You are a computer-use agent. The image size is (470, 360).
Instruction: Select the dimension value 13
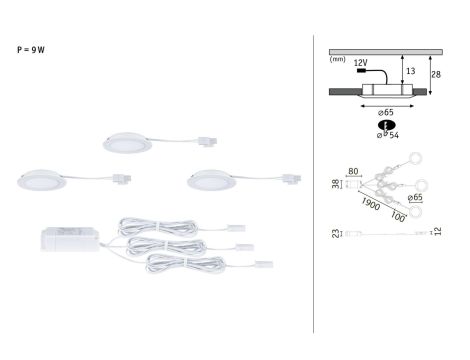[x=411, y=71]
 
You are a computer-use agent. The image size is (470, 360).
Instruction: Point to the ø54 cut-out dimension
[x=387, y=134]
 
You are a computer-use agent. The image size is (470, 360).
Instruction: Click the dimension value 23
[x=334, y=234]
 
